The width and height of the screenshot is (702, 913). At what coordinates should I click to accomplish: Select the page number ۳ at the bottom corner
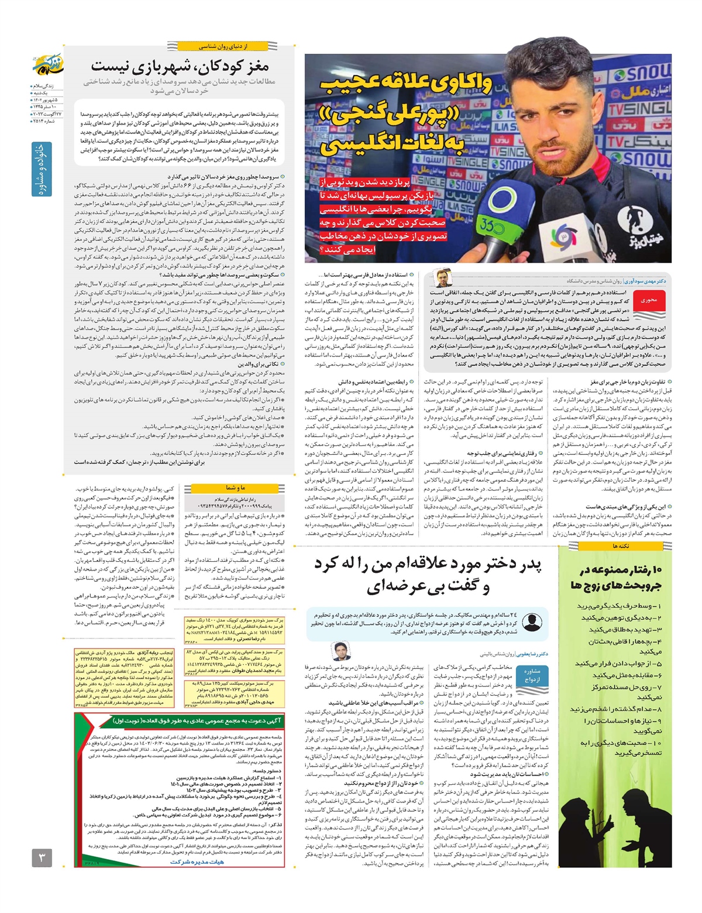click(x=42, y=859)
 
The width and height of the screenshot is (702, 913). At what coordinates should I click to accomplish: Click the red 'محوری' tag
click(x=649, y=300)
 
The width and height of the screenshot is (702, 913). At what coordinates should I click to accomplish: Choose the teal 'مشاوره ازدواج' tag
click(x=532, y=675)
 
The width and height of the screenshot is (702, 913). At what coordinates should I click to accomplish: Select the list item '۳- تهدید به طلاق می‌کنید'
click(x=625, y=630)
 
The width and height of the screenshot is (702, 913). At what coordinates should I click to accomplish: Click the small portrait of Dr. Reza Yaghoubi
click(x=339, y=650)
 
